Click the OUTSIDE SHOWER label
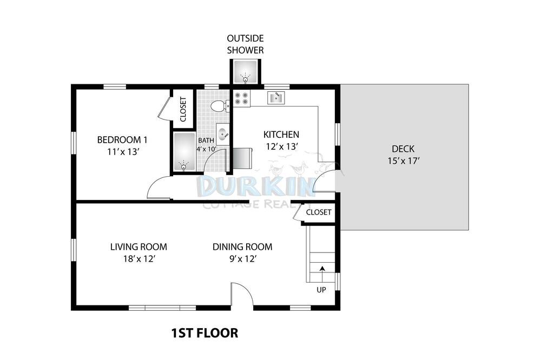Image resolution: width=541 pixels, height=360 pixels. pos(245,44)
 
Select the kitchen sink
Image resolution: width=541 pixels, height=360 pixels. pos(276,98)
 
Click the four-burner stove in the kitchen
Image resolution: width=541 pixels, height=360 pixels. pos(241,98)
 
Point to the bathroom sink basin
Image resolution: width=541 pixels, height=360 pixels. pos(222,134)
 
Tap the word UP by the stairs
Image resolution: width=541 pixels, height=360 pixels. pos(321,290)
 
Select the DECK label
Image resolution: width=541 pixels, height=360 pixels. pos(403,149)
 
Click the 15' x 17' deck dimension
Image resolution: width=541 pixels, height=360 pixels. pos(404,161)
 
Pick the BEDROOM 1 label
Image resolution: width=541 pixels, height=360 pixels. pos(122,140)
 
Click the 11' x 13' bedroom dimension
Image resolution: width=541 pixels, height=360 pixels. pos(123,152)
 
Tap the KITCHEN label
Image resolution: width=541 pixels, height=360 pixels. pos(281,135)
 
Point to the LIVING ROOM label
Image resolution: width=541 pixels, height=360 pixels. pos(138,247)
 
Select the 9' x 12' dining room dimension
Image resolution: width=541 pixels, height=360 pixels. pos(242,258)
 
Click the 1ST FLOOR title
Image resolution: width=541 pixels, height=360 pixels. pos(204,333)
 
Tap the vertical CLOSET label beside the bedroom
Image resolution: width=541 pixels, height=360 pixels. pos(183,109)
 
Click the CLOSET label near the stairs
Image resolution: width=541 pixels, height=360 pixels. pos(319,212)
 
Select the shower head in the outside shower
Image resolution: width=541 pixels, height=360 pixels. pos(245,78)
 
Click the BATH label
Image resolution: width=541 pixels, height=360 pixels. pos(206,141)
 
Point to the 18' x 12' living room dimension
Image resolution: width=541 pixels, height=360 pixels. pos(139,258)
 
